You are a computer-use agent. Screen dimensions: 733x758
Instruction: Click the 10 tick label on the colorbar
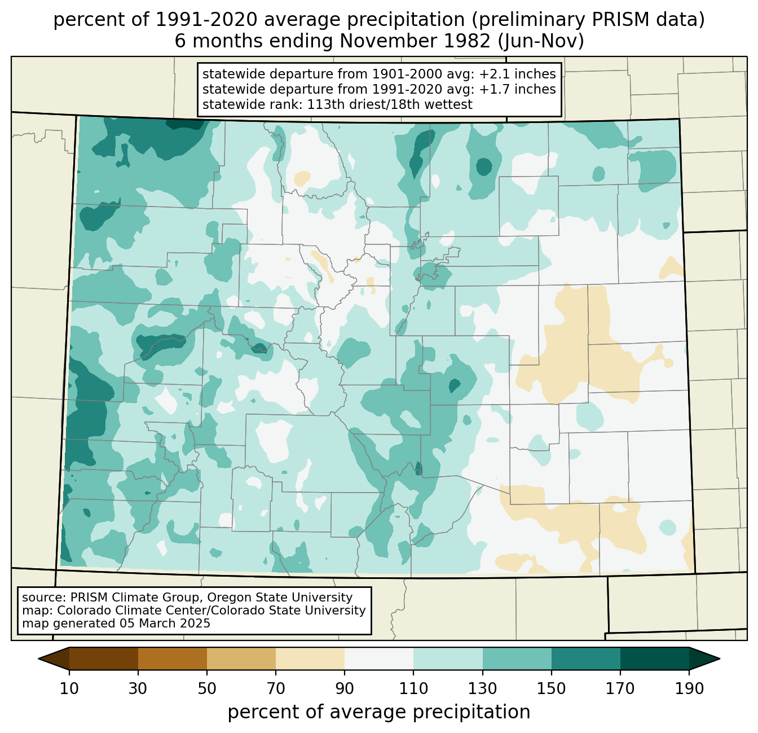(69, 689)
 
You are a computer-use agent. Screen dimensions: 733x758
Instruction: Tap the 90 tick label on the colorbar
(345, 689)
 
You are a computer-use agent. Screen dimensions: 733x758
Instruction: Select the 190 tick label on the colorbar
(689, 689)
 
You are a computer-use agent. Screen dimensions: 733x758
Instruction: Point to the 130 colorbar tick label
(483, 689)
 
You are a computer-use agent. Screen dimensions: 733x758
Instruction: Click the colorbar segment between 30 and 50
(173, 659)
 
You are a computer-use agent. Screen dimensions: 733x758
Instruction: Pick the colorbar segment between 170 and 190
(655, 659)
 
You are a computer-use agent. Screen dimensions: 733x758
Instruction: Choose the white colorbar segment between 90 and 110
(379, 659)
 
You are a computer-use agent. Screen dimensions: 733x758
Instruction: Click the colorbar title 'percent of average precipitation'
(379, 712)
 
